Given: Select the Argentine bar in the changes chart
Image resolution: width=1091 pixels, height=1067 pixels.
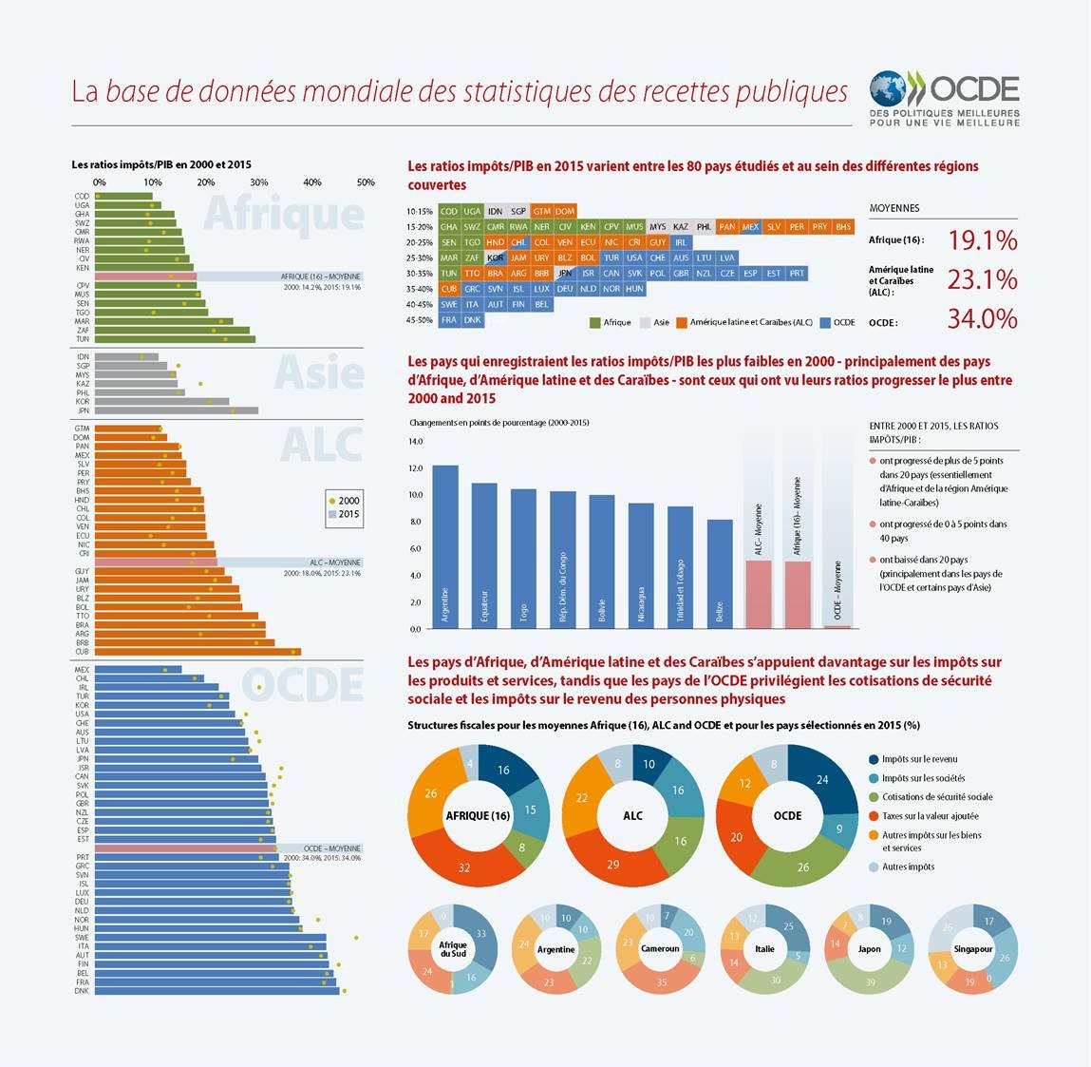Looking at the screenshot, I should [x=445, y=546].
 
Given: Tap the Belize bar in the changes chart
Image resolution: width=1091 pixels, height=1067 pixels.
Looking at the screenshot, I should [x=721, y=574].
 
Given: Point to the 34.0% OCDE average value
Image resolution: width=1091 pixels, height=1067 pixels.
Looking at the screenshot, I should [x=982, y=319].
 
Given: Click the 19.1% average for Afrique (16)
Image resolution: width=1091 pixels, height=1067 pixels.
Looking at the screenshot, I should [x=982, y=240].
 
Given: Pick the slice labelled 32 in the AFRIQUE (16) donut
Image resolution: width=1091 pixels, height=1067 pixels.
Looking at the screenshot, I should [x=464, y=867].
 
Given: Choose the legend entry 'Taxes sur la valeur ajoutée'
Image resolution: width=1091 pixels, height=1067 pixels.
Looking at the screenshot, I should [x=930, y=816].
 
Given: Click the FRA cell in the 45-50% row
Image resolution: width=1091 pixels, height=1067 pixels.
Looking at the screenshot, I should [x=449, y=320].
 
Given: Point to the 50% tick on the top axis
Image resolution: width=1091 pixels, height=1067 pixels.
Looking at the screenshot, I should [x=366, y=182].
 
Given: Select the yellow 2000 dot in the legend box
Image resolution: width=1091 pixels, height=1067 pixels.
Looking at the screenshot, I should [x=330, y=501].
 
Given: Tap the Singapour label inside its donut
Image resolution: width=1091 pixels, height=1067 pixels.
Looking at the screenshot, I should [x=973, y=949].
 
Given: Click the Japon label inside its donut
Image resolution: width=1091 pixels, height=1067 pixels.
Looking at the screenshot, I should [x=869, y=949].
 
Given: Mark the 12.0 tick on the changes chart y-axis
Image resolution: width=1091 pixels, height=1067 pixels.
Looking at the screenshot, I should [x=416, y=468].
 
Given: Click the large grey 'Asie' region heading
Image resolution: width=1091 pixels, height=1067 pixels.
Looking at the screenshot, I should [x=319, y=373].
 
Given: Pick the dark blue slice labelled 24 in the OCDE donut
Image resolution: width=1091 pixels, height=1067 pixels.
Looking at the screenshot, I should [x=822, y=780].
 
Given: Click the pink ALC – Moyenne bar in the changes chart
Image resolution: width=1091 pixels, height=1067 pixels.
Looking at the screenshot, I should [x=758, y=594].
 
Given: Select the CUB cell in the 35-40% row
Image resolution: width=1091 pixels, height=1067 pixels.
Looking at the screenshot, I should [x=449, y=289].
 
